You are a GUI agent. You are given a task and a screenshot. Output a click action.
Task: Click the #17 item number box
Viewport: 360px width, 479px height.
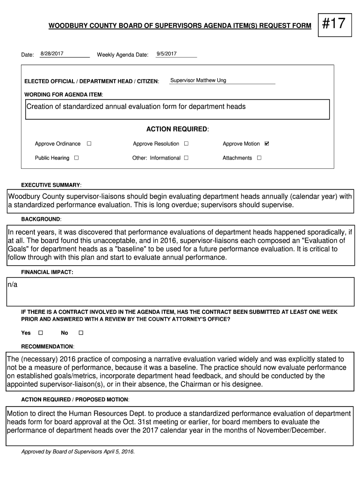pos(334,23)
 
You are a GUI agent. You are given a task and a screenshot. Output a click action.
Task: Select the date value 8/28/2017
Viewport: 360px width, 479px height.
pos(52,54)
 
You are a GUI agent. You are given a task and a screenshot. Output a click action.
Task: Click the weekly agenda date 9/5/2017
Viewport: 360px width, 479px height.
pos(166,54)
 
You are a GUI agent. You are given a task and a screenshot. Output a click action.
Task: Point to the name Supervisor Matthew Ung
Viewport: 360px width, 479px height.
pos(198,80)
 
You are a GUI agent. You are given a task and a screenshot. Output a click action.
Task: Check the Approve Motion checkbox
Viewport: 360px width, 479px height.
pos(267,144)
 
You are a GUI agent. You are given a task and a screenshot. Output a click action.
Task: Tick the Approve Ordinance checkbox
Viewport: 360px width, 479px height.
pos(89,144)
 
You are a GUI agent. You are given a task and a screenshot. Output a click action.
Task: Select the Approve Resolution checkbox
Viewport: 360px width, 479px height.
pos(186,144)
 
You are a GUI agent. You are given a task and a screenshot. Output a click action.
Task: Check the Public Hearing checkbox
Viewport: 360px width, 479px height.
pos(76,158)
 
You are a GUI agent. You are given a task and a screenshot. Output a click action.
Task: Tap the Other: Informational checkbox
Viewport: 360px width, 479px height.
pos(186,158)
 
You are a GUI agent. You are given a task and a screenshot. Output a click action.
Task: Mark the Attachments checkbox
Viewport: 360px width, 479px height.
pos(259,158)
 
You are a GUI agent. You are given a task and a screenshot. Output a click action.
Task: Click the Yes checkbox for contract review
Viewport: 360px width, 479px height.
pos(40,333)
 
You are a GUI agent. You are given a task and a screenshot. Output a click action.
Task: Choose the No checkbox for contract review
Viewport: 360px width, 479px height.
pos(80,333)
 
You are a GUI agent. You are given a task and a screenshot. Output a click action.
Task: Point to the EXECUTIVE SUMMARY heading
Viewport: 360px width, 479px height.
pos(51,185)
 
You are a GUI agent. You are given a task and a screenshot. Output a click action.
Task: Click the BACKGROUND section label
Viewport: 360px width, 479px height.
pos(41,219)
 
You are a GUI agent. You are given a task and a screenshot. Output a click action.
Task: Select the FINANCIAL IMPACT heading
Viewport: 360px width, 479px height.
pos(47,272)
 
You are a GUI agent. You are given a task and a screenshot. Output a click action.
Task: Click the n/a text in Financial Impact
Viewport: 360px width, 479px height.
pos(12,285)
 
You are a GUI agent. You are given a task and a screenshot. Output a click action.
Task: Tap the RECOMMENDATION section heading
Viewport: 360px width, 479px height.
pos(48,347)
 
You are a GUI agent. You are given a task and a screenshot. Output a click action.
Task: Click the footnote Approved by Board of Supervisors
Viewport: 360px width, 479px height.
pos(78,452)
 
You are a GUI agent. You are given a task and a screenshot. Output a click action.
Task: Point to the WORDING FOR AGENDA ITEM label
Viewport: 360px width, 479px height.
pos(64,94)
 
